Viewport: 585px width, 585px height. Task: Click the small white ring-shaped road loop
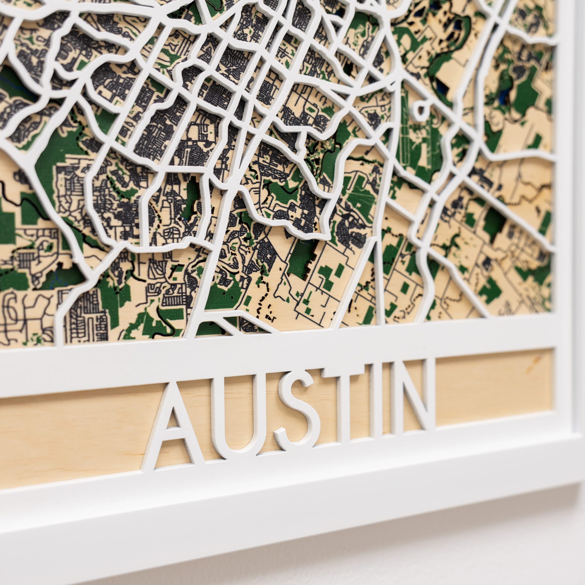pyautogui.click(x=421, y=110)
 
